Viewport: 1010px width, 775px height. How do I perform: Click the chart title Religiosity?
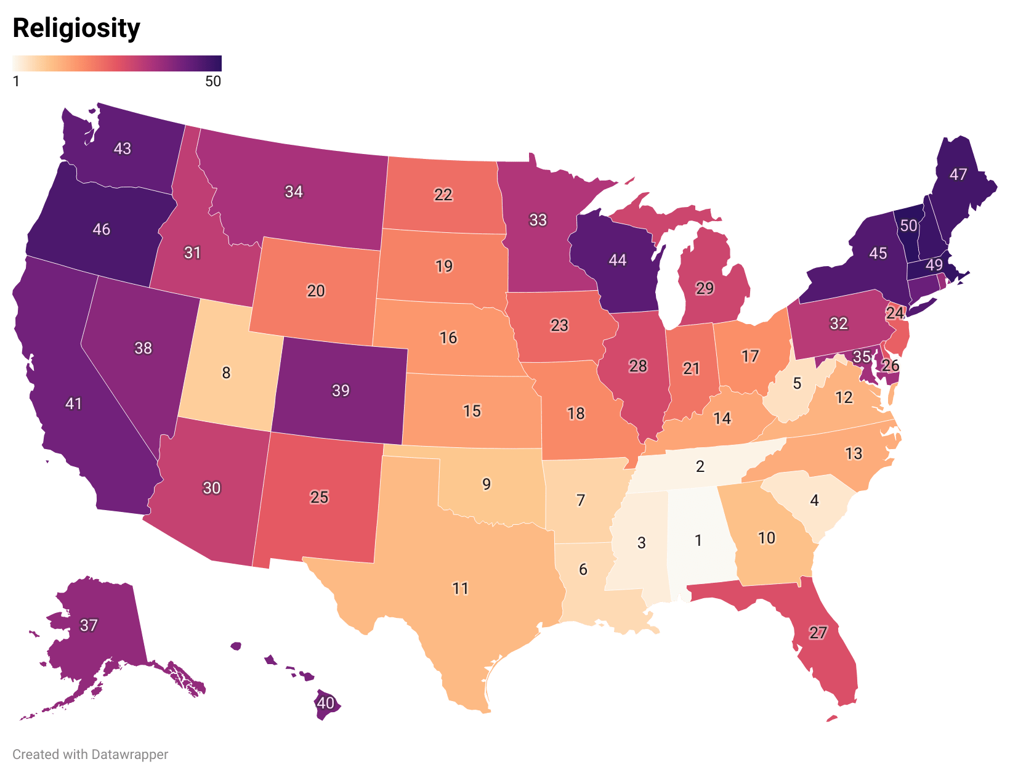tap(76, 28)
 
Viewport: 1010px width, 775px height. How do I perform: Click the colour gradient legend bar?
tap(117, 63)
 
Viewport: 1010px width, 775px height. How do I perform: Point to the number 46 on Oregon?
tap(102, 230)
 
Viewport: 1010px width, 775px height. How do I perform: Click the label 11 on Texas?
tap(461, 589)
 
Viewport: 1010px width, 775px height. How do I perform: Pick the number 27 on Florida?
tap(818, 633)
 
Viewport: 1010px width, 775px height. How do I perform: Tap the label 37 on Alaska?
tap(89, 625)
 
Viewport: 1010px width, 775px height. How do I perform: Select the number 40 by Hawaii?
tap(325, 703)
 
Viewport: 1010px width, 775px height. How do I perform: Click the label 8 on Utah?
tap(226, 373)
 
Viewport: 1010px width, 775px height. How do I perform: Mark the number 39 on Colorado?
tap(341, 391)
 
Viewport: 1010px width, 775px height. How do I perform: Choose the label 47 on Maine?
tap(958, 174)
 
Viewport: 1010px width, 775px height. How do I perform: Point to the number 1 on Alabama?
tap(698, 541)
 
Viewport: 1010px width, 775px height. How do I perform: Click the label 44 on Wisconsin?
tap(617, 260)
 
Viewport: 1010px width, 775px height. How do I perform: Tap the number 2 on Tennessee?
tap(700, 466)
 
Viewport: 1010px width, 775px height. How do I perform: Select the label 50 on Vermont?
tap(909, 226)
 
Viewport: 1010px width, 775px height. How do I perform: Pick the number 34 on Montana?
tap(294, 192)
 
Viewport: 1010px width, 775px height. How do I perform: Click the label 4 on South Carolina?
tap(814, 500)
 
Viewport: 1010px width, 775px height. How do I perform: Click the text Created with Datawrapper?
tap(90, 754)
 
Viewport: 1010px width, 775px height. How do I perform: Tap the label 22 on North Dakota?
tap(443, 195)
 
